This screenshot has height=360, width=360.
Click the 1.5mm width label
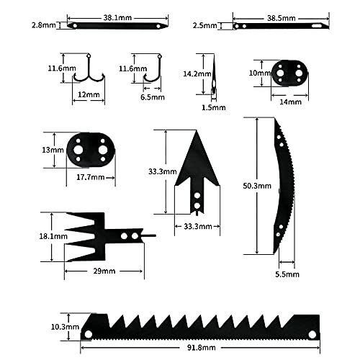216,107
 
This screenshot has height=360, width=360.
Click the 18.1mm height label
33,235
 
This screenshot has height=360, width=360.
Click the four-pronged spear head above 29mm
97,236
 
